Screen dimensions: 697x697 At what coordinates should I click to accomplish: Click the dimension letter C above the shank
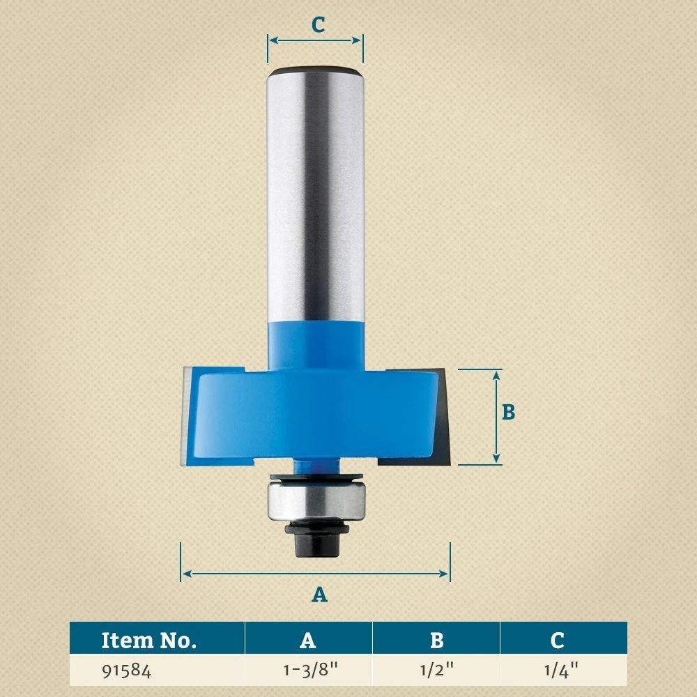click(318, 24)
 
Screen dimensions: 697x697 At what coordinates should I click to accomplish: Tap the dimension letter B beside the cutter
click(509, 412)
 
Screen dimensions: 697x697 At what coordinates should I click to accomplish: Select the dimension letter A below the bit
click(319, 595)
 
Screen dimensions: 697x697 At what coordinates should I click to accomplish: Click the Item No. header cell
click(149, 640)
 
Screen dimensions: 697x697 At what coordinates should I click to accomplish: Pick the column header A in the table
click(308, 640)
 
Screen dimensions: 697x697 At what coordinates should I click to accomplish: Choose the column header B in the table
click(437, 640)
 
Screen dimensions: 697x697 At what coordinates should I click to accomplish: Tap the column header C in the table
click(557, 640)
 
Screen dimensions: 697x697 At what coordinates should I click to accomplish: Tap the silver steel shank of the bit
click(315, 195)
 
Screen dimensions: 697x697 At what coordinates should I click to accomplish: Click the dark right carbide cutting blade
click(446, 418)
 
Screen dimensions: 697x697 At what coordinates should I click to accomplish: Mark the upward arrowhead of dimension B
click(496, 375)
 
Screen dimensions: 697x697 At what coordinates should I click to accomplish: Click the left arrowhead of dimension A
click(185, 574)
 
